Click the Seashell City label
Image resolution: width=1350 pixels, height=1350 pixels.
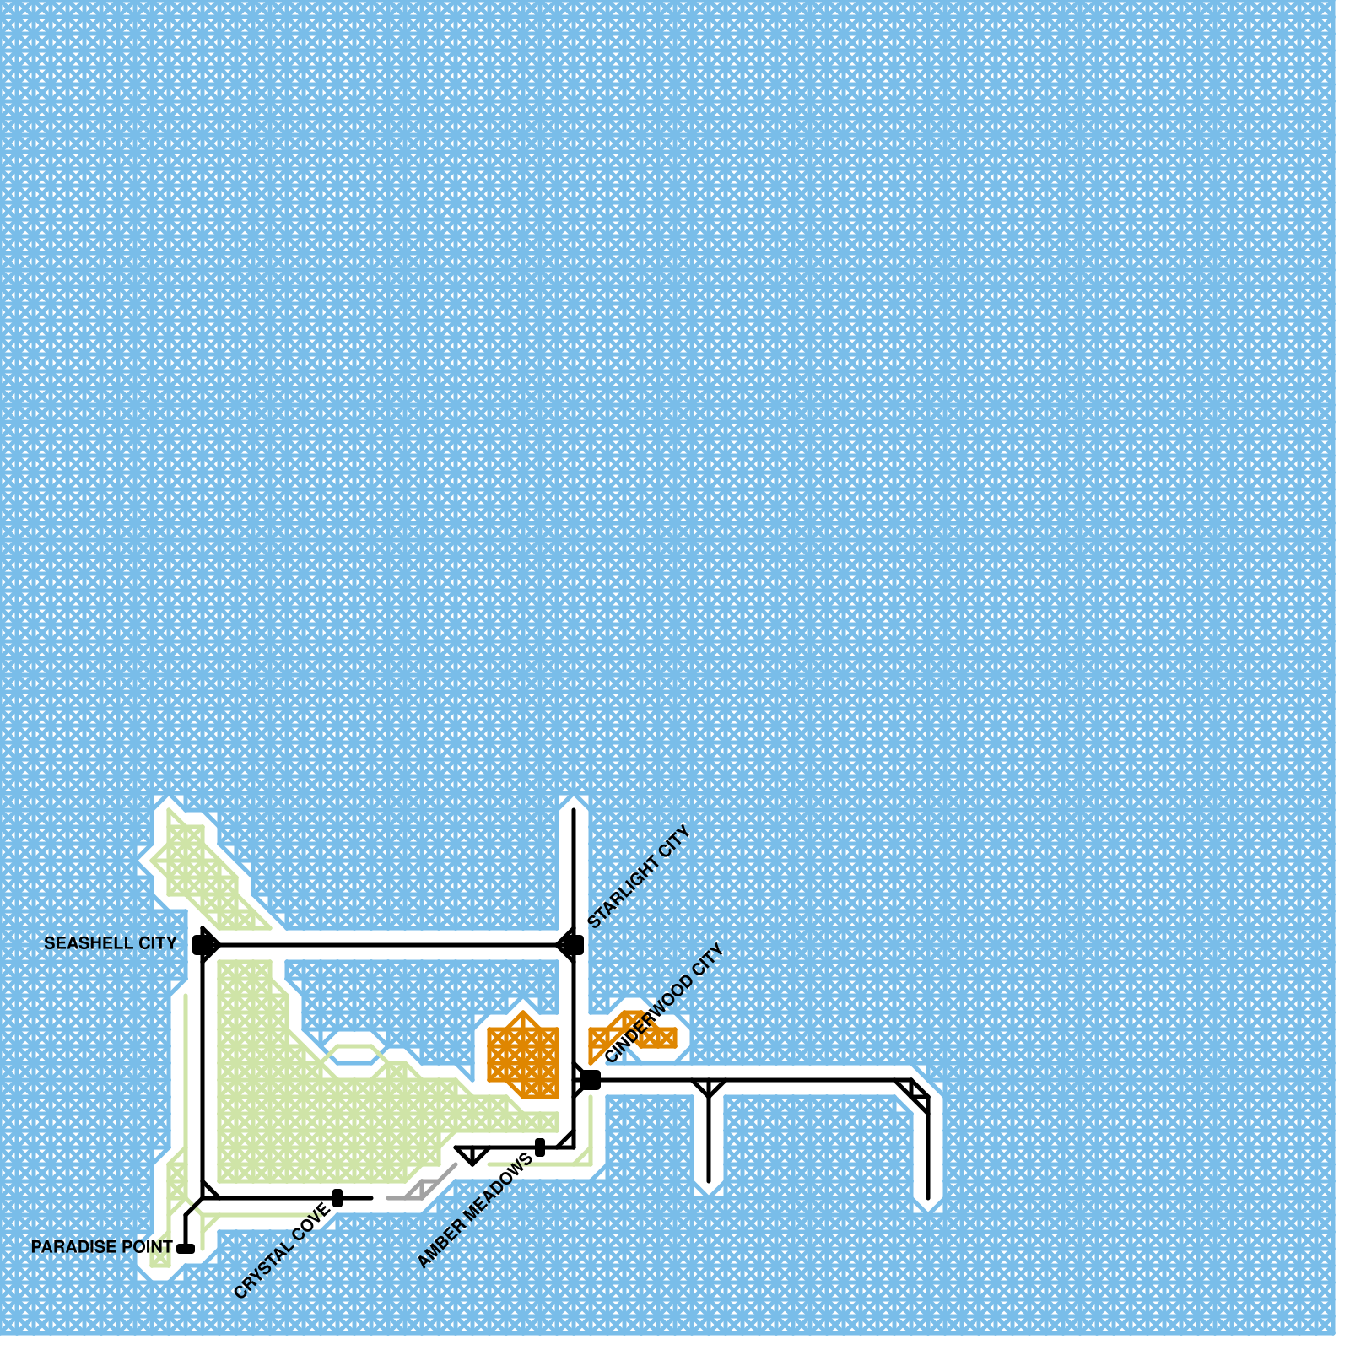tap(110, 943)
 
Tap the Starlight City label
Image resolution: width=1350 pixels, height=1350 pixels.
tap(639, 877)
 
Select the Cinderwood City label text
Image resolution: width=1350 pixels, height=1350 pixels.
tap(665, 1002)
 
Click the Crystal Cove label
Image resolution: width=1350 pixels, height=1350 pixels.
tap(282, 1251)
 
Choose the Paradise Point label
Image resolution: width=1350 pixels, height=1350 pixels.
tap(101, 1247)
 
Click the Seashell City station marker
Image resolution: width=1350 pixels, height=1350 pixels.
tap(204, 944)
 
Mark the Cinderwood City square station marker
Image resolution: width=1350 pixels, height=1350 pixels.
tap(591, 1080)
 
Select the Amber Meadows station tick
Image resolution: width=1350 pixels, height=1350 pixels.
tap(540, 1147)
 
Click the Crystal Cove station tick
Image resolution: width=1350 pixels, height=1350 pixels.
tap(337, 1198)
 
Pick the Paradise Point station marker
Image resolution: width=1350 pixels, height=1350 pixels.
tap(186, 1249)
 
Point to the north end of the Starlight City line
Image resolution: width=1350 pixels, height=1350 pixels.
tap(574, 812)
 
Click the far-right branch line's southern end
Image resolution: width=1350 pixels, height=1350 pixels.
tap(928, 1196)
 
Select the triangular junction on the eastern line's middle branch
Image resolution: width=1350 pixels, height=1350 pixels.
tap(709, 1087)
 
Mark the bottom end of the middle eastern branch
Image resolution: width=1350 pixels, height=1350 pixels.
tap(709, 1180)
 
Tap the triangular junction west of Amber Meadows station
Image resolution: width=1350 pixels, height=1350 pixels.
tap(472, 1154)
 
